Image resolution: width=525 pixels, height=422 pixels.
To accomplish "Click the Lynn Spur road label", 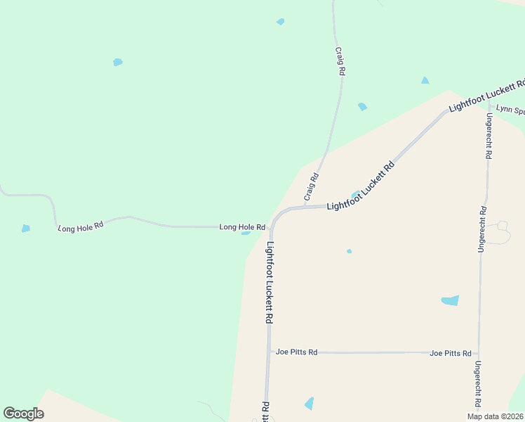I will (510, 110).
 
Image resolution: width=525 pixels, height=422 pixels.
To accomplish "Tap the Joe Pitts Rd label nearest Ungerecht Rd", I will (450, 353).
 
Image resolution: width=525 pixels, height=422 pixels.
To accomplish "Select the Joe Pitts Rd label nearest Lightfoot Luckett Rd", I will (296, 352).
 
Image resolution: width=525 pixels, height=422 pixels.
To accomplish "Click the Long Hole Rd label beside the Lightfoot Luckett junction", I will (241, 227).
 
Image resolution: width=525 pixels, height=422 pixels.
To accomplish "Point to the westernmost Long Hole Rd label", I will (81, 226).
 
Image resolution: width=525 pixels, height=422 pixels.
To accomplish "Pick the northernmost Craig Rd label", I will (340, 61).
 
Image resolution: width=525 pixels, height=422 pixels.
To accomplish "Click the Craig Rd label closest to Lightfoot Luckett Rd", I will (311, 186).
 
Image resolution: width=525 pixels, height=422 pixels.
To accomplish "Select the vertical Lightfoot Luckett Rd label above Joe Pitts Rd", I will (270, 282).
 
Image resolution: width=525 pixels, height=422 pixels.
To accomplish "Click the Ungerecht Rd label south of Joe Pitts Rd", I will (477, 385).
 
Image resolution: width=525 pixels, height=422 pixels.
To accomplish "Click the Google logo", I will (23, 414).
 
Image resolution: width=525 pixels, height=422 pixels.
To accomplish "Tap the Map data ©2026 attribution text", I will (495, 416).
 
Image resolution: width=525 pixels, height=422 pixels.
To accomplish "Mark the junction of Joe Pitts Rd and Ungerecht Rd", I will (478, 353).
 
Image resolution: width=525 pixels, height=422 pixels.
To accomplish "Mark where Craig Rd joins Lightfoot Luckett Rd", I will (305, 207).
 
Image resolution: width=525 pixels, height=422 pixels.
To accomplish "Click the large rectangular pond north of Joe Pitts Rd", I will (450, 300).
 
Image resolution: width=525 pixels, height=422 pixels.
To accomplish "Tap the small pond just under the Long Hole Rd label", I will (246, 233).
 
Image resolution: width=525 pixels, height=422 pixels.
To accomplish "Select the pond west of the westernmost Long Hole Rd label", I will (26, 228).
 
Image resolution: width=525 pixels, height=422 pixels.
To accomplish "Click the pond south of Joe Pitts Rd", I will (309, 403).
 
